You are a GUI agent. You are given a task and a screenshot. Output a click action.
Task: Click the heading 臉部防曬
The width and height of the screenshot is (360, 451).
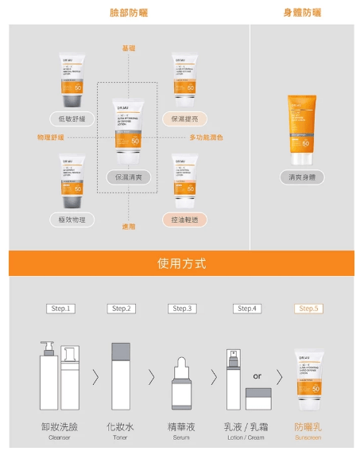pyautogui.click(x=129, y=13)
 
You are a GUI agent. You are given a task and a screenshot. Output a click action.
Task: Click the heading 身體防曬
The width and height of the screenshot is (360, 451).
pyautogui.click(x=303, y=13)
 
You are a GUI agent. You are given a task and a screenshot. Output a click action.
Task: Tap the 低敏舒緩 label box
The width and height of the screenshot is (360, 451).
pyautogui.click(x=72, y=119)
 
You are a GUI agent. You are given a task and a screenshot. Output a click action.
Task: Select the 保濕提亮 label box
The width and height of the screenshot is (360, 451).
pyautogui.click(x=184, y=119)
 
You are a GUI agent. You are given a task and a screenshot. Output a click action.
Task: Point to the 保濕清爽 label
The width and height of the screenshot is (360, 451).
pyautogui.click(x=129, y=177)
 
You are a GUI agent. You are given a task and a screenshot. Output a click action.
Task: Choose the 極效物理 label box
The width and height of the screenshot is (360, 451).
pyautogui.click(x=72, y=219)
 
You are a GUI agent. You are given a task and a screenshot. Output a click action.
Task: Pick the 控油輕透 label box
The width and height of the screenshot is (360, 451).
pyautogui.click(x=184, y=219)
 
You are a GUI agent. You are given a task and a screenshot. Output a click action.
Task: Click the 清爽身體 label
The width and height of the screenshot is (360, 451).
pyautogui.click(x=303, y=177)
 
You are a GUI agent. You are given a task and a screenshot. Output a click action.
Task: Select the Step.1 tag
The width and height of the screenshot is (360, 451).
pyautogui.click(x=60, y=309)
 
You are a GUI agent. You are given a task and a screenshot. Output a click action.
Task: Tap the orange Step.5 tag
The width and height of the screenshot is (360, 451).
pyautogui.click(x=308, y=309)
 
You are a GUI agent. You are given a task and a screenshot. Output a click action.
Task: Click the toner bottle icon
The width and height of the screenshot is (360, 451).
pyautogui.click(x=121, y=375)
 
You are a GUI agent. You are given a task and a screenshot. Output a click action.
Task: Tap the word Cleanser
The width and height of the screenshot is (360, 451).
pyautogui.click(x=60, y=437)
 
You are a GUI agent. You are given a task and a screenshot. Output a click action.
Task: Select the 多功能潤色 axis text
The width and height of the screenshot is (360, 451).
pyautogui.click(x=206, y=138)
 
